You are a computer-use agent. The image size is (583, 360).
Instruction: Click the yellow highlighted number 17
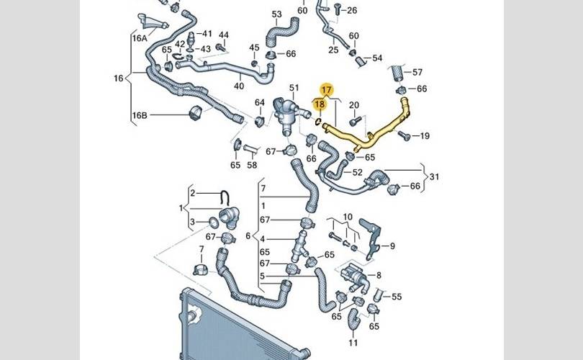327,90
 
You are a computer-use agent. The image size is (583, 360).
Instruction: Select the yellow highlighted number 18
321,104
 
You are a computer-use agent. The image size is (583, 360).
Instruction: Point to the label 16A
139,38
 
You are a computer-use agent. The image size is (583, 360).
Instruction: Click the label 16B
140,115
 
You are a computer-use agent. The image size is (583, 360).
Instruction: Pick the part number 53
277,14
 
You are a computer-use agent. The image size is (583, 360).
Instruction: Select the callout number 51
294,88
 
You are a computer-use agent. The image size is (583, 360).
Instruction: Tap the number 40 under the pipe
239,86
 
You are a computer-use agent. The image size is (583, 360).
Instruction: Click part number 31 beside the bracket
433,176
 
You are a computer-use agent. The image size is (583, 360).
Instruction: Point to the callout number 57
417,72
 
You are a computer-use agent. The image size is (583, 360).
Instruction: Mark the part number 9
393,246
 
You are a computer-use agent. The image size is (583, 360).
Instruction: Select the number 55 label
397,297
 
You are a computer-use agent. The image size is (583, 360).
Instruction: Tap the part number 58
252,166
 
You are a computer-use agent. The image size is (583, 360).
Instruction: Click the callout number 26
351,10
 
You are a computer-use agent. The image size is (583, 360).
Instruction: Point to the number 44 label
223,35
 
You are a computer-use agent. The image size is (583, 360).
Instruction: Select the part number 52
357,173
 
